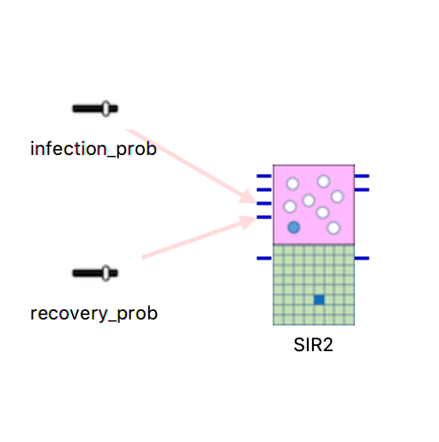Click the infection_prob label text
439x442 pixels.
pos(93,149)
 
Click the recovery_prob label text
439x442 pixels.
pos(93,314)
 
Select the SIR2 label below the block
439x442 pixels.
pos(313,344)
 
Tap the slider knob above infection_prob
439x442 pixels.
pos(105,109)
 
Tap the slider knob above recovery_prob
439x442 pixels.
pos(105,273)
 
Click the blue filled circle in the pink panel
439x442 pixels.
pos(294,227)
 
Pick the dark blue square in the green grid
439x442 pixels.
pos(319,300)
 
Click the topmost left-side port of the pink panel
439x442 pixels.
pos(264,176)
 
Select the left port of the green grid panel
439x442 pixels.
pos(264,258)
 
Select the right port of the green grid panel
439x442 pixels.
pos(362,258)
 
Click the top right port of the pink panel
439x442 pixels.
pos(362,176)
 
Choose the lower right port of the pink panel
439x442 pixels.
pos(362,189)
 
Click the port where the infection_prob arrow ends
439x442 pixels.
pos(264,203)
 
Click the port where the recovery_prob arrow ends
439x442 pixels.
pos(264,217)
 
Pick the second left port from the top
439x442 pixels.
pos(264,189)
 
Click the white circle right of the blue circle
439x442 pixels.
pos(334,228)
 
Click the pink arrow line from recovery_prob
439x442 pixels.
pos(199,237)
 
